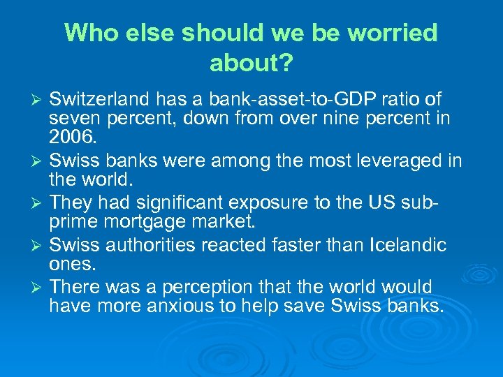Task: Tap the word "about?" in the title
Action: (251, 64)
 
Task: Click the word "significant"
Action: (182, 203)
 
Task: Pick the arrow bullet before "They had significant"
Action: (38, 204)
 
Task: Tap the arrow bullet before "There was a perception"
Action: (38, 288)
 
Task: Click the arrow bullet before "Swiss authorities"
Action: (38, 246)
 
